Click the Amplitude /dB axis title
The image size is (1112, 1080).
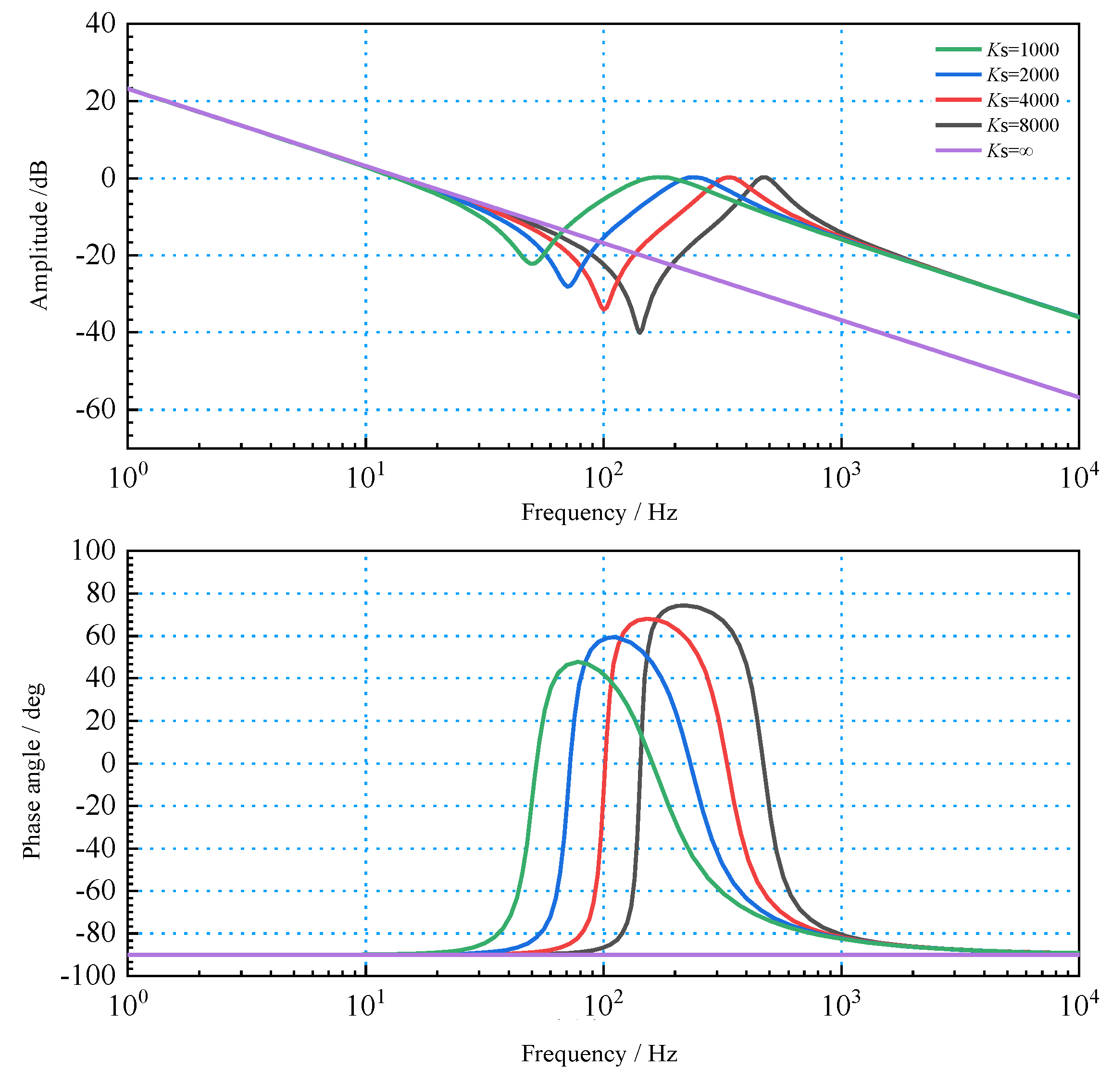(38, 235)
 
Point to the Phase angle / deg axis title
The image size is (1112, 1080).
(33, 772)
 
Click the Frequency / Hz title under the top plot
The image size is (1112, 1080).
(599, 512)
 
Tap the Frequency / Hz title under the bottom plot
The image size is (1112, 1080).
(599, 1054)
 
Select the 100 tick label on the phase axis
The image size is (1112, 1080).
(93, 550)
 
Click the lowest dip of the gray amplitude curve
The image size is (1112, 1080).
(640, 332)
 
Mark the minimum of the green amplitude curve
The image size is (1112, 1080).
(532, 264)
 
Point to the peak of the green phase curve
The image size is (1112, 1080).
(578, 662)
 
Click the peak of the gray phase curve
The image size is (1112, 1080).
(684, 605)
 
